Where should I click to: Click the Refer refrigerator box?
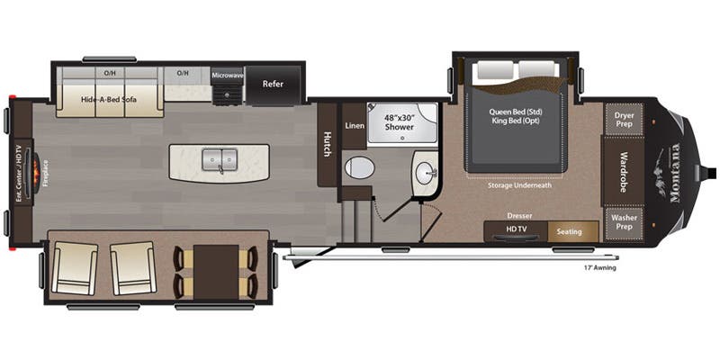(x=273, y=84)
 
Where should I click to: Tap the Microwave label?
(x=228, y=76)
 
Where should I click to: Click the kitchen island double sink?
(x=219, y=160)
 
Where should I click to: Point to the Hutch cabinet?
(x=327, y=144)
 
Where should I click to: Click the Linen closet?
(x=355, y=126)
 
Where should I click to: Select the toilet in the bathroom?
(x=360, y=168)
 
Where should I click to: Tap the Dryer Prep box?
(x=624, y=119)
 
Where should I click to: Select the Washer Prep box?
(x=624, y=221)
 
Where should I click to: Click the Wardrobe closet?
(x=624, y=171)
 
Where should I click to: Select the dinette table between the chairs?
(x=217, y=271)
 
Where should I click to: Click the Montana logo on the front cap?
(x=674, y=171)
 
